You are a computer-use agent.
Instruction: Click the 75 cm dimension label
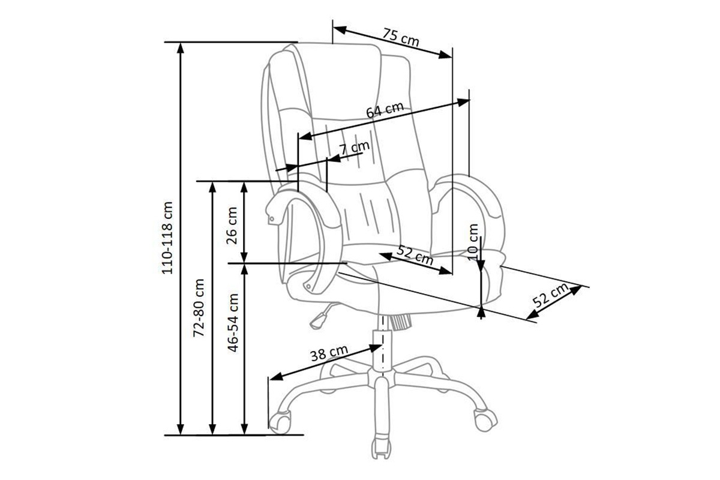coord(401,38)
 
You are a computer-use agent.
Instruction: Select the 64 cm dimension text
coord(384,110)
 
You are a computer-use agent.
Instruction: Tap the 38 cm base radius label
coord(329,352)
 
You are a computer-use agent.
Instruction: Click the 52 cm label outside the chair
coord(550,296)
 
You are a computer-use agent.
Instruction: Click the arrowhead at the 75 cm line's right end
coord(446,55)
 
